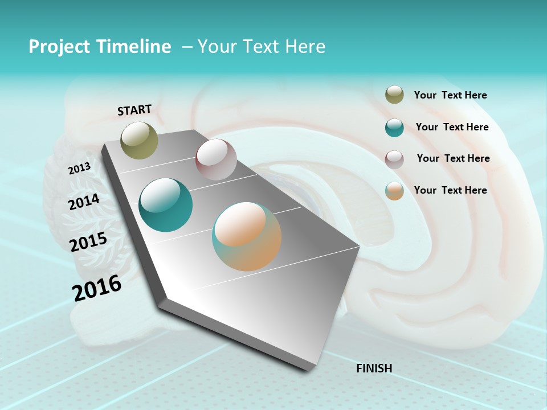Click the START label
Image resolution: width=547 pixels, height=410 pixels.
(x=134, y=110)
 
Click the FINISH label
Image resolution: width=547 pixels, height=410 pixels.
(x=374, y=368)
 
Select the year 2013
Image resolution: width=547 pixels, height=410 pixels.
(x=79, y=169)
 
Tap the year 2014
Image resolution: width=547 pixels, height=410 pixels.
(x=84, y=202)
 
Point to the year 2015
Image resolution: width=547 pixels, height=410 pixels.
(x=88, y=242)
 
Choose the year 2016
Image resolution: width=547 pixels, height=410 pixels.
(x=97, y=288)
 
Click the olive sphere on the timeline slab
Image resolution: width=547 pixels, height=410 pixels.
(x=140, y=140)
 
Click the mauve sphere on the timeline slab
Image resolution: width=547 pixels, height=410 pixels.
(x=216, y=159)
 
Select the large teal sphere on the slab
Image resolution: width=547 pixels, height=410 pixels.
(x=165, y=205)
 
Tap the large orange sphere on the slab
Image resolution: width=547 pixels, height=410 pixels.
(x=247, y=236)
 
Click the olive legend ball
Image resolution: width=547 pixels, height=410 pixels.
(x=394, y=95)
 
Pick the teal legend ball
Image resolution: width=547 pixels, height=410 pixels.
(x=394, y=128)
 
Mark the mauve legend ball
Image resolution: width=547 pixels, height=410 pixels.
(x=394, y=159)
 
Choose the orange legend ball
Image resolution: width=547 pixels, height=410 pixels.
(x=394, y=191)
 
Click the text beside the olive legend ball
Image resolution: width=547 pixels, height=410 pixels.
(x=450, y=95)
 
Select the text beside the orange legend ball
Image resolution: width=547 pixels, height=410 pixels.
(x=450, y=190)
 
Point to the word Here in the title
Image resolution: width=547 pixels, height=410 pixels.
(x=305, y=47)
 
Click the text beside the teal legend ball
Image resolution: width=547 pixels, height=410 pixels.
(x=452, y=127)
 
